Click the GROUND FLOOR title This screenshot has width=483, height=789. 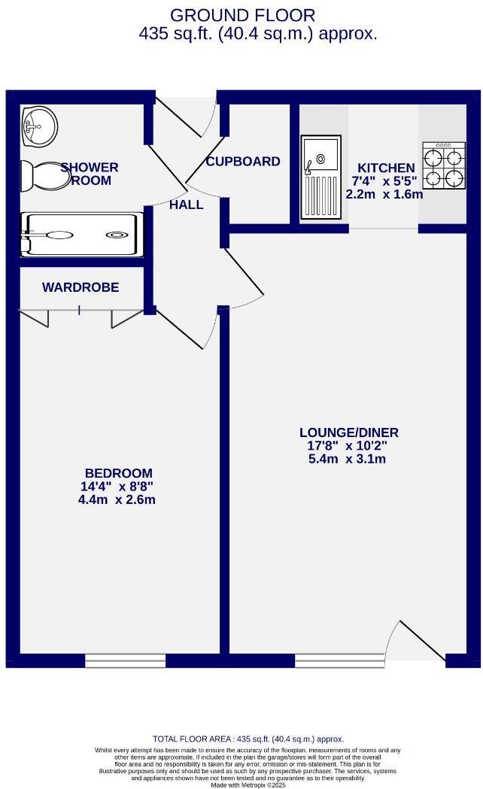pyautogui.click(x=242, y=15)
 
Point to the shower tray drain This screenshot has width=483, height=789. pyautogui.click(x=116, y=235)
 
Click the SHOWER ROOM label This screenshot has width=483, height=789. pyautogui.click(x=90, y=174)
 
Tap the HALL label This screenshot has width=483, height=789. pyautogui.click(x=186, y=205)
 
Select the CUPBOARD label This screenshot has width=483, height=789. pyautogui.click(x=243, y=162)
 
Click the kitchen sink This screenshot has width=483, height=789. pyautogui.click(x=320, y=177)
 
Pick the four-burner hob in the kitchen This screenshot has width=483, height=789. pyautogui.click(x=443, y=165)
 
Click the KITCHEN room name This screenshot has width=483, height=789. pyautogui.click(x=385, y=168)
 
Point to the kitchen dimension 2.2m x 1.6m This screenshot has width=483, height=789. pyautogui.click(x=384, y=194)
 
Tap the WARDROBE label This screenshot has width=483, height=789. pyautogui.click(x=80, y=287)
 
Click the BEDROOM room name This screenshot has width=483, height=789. pyautogui.click(x=118, y=473)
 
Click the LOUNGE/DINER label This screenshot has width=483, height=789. pyautogui.click(x=348, y=432)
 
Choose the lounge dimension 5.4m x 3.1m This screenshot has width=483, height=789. pyautogui.click(x=348, y=459)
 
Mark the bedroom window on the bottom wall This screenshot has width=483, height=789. pyautogui.click(x=125, y=660)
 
